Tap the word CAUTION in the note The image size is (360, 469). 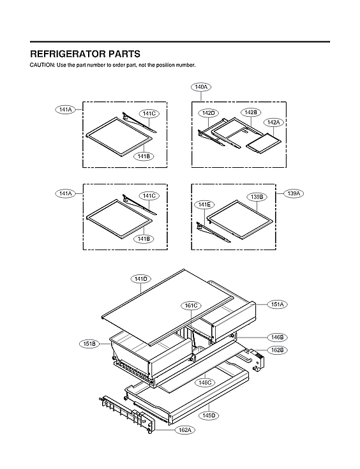tap(42, 66)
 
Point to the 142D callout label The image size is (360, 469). tap(209, 113)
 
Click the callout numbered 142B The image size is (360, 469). tap(250, 112)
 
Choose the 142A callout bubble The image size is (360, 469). tap(274, 122)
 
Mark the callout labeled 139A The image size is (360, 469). tap(294, 192)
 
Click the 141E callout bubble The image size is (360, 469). tap(204, 204)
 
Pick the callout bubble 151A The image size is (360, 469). tap(278, 304)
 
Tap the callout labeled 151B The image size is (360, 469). tap(89, 344)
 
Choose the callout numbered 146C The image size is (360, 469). tap(204, 383)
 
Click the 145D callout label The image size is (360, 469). tap(209, 415)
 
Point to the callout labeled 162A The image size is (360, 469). tap(184, 430)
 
